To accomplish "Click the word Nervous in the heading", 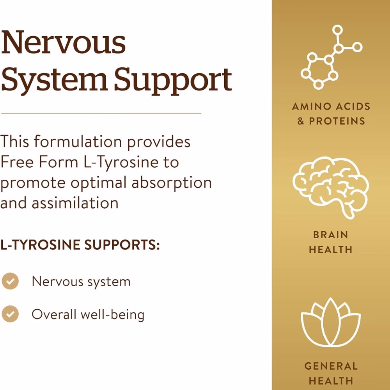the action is point(64,42).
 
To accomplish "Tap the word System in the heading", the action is point(54,80).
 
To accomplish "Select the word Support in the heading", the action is point(173,80).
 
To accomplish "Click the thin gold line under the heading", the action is point(101,113).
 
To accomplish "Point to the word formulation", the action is point(78,141).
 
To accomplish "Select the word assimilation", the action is point(75,203).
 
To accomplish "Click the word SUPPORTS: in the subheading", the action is point(122,245).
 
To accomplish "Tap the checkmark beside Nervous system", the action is point(10,281).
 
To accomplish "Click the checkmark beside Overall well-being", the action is point(10,314).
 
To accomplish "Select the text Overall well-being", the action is point(88,314).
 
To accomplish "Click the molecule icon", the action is point(331,57).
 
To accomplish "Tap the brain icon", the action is point(331,188).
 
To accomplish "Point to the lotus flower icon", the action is point(331,322).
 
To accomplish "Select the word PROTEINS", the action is point(337,121).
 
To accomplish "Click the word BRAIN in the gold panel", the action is point(331,235).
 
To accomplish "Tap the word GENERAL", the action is point(331,366).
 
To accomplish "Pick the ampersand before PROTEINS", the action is point(301,121).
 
